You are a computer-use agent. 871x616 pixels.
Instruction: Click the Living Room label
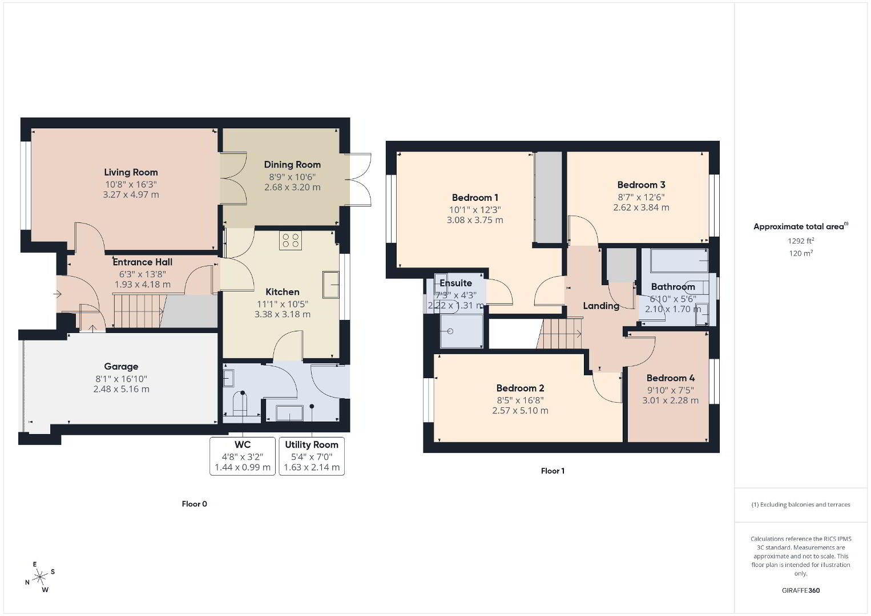pyautogui.click(x=131, y=172)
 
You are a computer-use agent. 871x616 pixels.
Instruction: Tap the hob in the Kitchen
pyautogui.click(x=291, y=240)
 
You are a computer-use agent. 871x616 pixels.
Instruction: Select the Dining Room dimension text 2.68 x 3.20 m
pyautogui.click(x=292, y=187)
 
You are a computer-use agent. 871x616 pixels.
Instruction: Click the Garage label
pyautogui.click(x=121, y=367)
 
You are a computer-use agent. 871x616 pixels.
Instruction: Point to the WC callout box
pyautogui.click(x=243, y=456)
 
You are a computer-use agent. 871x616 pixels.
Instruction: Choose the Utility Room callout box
pyautogui.click(x=312, y=456)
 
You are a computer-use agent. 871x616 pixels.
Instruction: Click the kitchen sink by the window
pyautogui.click(x=331, y=285)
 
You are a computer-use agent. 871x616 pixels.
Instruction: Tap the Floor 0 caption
pyautogui.click(x=195, y=504)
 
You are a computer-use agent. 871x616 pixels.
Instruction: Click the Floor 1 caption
pyautogui.click(x=553, y=471)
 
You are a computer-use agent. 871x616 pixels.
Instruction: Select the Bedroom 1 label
pyautogui.click(x=475, y=197)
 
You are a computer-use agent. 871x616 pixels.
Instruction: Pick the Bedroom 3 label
pyautogui.click(x=641, y=185)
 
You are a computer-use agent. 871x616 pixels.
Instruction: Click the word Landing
pyautogui.click(x=601, y=306)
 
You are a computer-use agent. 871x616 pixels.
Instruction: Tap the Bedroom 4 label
pyautogui.click(x=671, y=378)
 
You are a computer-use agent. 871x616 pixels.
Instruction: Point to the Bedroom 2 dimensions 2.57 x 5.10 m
pyautogui.click(x=521, y=411)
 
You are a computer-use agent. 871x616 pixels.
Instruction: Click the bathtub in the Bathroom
pyautogui.click(x=679, y=261)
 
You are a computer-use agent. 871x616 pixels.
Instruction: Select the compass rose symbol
pyautogui.click(x=39, y=577)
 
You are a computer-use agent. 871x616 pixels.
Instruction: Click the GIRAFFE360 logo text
pyautogui.click(x=801, y=590)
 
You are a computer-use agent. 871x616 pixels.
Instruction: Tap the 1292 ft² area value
pyautogui.click(x=801, y=241)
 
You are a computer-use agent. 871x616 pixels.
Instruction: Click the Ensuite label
pyautogui.click(x=455, y=283)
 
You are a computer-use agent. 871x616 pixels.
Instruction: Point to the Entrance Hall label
pyautogui.click(x=143, y=262)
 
